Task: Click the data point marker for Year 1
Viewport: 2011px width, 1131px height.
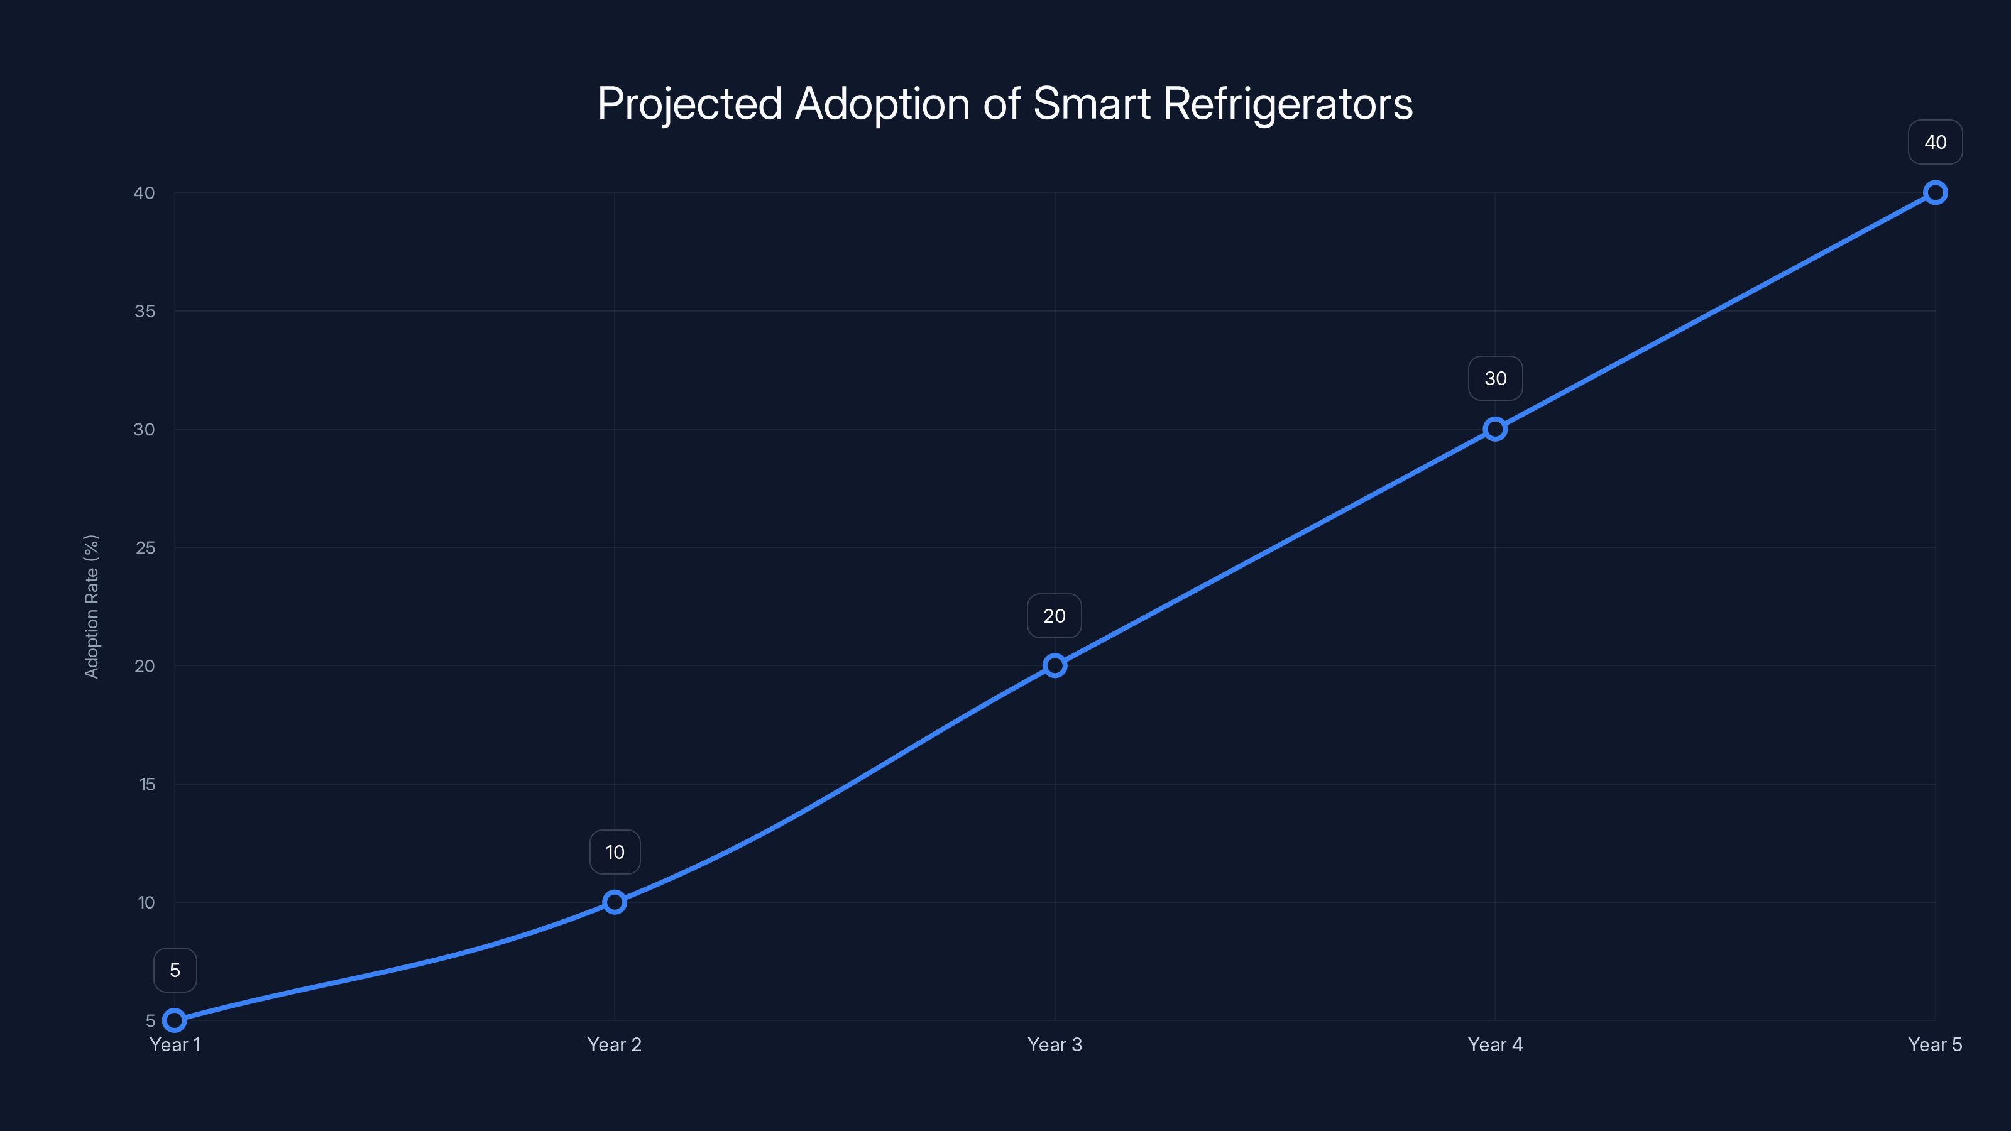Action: pyautogui.click(x=175, y=1020)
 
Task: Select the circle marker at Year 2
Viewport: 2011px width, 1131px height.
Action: pyautogui.click(x=615, y=902)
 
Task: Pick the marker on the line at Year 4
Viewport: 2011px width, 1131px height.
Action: pyautogui.click(x=1495, y=429)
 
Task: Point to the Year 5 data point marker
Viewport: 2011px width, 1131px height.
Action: pyautogui.click(x=1936, y=193)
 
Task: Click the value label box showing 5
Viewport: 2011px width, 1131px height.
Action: pyautogui.click(x=175, y=970)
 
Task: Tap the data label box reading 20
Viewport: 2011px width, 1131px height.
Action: pyautogui.click(x=1054, y=616)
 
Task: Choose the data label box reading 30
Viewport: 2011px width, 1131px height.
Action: pyautogui.click(x=1495, y=378)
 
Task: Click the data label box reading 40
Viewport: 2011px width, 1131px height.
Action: pyautogui.click(x=1936, y=142)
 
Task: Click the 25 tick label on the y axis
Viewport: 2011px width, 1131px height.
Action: pyautogui.click(x=145, y=548)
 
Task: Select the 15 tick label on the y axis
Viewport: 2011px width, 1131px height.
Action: pyautogui.click(x=147, y=784)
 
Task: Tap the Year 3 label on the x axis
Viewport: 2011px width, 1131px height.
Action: pyautogui.click(x=1055, y=1044)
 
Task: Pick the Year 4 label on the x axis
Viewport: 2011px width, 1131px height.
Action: pyautogui.click(x=1495, y=1044)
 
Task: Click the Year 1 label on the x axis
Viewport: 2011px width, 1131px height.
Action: pyautogui.click(x=175, y=1044)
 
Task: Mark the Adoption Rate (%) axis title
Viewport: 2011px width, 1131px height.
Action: pyautogui.click(x=91, y=606)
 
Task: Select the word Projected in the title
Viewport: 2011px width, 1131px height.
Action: pyautogui.click(x=689, y=104)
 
